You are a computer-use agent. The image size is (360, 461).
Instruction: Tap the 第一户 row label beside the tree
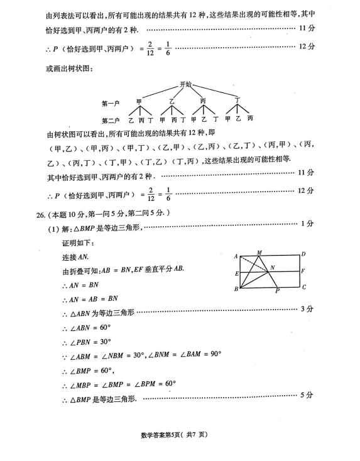coord(111,102)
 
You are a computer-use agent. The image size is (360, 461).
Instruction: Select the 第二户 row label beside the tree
coord(111,119)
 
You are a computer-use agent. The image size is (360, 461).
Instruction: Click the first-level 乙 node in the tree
coord(172,100)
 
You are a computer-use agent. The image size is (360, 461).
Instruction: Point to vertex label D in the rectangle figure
coord(303,254)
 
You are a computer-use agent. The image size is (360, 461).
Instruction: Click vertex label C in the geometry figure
coord(303,288)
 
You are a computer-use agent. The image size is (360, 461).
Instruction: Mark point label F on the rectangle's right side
coord(303,271)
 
